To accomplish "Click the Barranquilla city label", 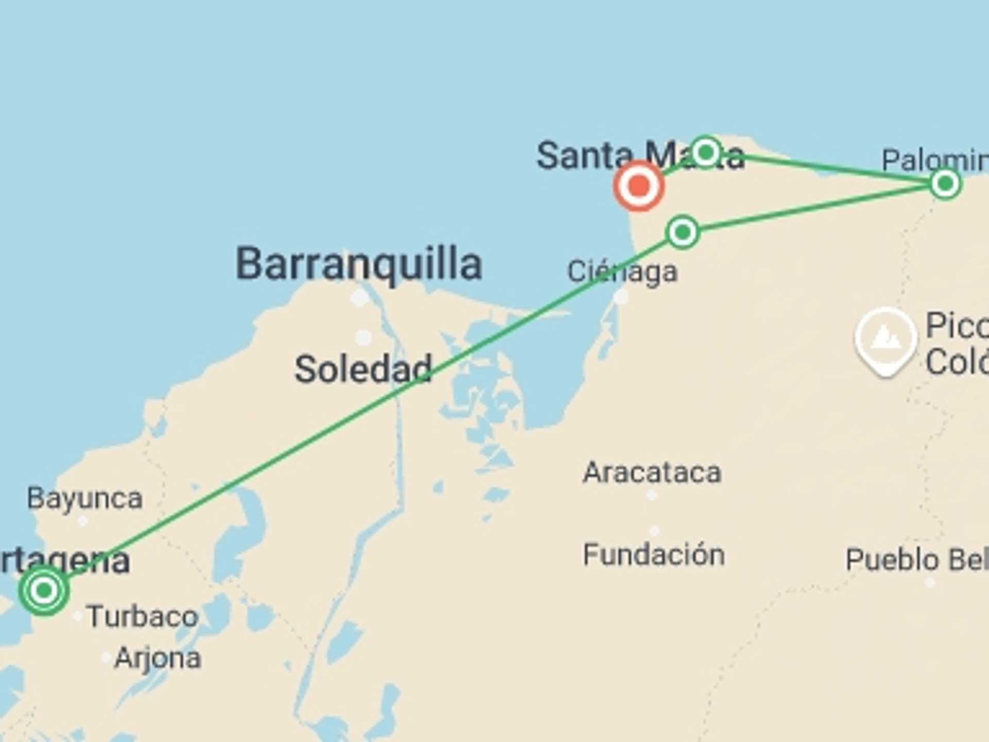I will [359, 264].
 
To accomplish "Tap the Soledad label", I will [363, 369].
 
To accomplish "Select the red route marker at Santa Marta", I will [639, 185].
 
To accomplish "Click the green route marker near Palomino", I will [945, 183].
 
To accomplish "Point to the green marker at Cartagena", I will [44, 590].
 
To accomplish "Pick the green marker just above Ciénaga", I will [683, 232].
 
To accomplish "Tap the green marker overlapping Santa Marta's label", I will [706, 152].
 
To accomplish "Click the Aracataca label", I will [652, 473].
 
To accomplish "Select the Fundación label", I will [654, 555].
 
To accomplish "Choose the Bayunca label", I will [84, 498].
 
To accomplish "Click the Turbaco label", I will [143, 616].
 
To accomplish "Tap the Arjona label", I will [158, 658].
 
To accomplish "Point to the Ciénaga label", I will [622, 272].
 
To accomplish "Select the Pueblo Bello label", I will [917, 560].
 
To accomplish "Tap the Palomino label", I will [935, 160].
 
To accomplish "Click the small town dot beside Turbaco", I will [78, 616].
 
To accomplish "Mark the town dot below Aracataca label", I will [652, 495].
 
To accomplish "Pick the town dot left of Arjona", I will [106, 657].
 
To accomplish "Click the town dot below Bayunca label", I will [82, 521].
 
